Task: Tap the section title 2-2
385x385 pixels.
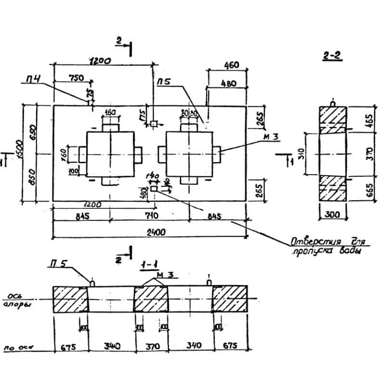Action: pyautogui.click(x=332, y=57)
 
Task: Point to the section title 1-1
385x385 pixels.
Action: pyautogui.click(x=147, y=265)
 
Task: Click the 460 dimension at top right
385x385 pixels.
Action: pyautogui.click(x=231, y=65)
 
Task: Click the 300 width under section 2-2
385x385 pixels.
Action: pyautogui.click(x=333, y=215)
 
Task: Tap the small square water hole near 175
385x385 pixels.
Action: pyautogui.click(x=154, y=124)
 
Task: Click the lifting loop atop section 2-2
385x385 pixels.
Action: pyautogui.click(x=333, y=103)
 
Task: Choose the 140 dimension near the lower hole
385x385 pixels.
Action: pyautogui.click(x=155, y=177)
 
